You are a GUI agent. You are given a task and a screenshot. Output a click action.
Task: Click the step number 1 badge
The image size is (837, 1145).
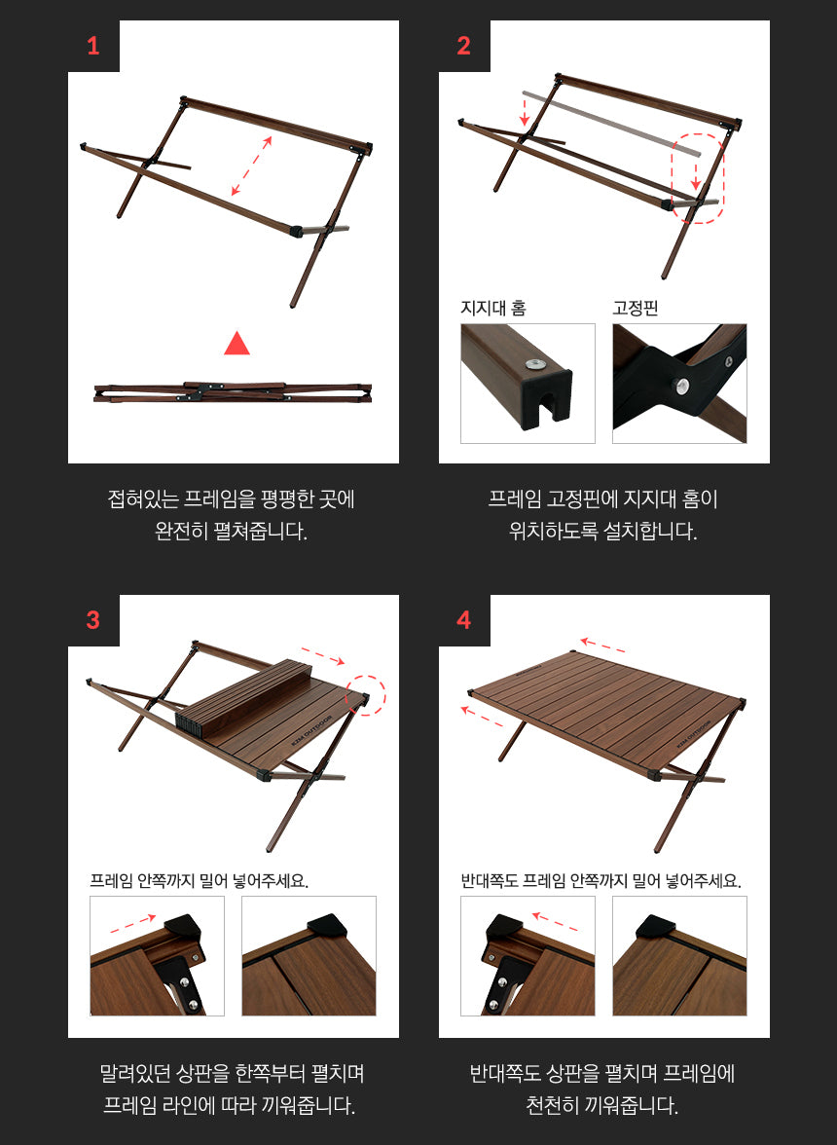(x=93, y=46)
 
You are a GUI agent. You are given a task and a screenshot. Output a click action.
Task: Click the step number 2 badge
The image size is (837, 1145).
(x=464, y=46)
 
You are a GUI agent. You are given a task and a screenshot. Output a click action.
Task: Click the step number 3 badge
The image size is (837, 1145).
(x=93, y=620)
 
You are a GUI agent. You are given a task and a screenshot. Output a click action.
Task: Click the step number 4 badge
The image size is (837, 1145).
(x=464, y=620)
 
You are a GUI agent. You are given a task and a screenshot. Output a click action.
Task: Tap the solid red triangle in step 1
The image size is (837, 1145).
(x=237, y=344)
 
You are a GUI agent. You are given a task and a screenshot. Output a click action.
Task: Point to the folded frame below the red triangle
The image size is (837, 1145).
(x=233, y=391)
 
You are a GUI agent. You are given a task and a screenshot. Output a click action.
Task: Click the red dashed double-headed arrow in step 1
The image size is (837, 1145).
(x=251, y=166)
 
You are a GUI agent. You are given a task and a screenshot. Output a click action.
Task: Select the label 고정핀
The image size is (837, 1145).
(x=636, y=309)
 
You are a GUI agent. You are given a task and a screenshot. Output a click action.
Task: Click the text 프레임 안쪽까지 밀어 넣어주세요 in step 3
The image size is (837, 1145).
(x=199, y=881)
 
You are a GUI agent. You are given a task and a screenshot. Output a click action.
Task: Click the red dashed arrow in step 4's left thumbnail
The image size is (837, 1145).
(x=556, y=922)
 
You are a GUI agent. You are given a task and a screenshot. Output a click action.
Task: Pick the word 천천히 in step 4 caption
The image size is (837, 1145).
(x=559, y=1105)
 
